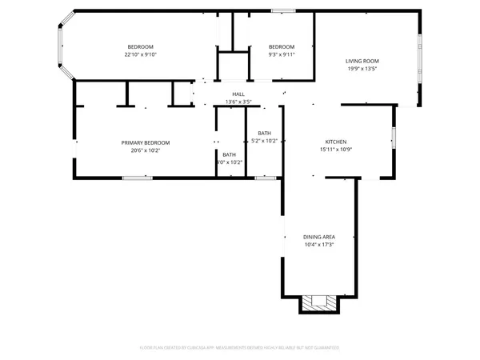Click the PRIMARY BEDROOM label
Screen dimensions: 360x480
pyautogui.click(x=146, y=142)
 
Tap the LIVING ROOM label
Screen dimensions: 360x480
pyautogui.click(x=362, y=61)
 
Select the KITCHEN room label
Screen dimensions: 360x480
pyautogui.click(x=335, y=142)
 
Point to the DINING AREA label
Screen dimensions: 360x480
pyautogui.click(x=318, y=237)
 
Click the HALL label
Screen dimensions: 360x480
pyautogui.click(x=238, y=94)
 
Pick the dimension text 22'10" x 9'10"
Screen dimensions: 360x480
pyautogui.click(x=140, y=54)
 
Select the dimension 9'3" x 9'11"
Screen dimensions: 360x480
pyautogui.click(x=282, y=54)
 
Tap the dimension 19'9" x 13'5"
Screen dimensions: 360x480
pyautogui.click(x=362, y=69)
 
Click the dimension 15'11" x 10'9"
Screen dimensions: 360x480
pyautogui.click(x=335, y=150)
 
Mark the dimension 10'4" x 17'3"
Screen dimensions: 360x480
pyautogui.click(x=318, y=245)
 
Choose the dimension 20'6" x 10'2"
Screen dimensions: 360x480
pyautogui.click(x=146, y=150)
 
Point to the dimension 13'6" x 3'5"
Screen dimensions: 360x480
pyautogui.click(x=238, y=102)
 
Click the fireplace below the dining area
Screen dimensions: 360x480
pyautogui.click(x=318, y=302)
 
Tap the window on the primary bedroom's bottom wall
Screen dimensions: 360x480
pyautogui.click(x=138, y=177)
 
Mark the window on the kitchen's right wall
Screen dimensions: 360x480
pyautogui.click(x=394, y=137)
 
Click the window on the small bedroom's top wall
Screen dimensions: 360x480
pyautogui.click(x=282, y=10)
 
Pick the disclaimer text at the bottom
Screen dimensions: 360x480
pyautogui.click(x=240, y=348)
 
